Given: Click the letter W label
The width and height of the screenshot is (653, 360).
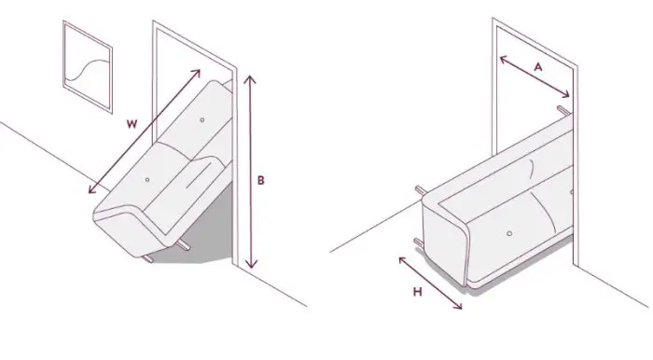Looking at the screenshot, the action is click(x=132, y=124).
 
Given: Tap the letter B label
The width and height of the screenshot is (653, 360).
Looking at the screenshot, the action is click(x=260, y=181).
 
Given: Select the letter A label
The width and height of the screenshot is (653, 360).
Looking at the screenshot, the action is click(x=538, y=66).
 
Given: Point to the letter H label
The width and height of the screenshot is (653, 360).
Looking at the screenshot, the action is click(x=418, y=292).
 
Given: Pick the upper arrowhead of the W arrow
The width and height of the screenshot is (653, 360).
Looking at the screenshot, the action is click(x=197, y=73).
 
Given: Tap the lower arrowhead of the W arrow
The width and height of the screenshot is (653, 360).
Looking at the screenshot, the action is click(x=92, y=190).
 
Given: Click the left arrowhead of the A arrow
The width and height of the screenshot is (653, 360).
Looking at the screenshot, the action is click(x=503, y=59).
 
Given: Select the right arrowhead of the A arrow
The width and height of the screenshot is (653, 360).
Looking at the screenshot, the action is click(x=566, y=95).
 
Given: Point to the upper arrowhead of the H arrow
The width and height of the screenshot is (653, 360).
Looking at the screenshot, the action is click(x=402, y=260).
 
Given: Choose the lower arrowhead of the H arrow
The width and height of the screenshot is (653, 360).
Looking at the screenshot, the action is click(x=459, y=306).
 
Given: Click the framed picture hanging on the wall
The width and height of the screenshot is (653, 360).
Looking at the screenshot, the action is click(x=88, y=66).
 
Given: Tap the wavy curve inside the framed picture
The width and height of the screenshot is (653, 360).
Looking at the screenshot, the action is click(x=88, y=69).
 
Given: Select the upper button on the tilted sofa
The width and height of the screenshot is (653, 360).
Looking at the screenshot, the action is click(x=202, y=120).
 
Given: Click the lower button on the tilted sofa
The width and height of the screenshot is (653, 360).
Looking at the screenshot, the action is click(x=147, y=180).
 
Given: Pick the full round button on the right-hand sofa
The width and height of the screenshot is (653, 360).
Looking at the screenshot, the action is click(x=509, y=233).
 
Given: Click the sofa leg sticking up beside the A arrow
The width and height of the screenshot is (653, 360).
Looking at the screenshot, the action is click(x=563, y=110).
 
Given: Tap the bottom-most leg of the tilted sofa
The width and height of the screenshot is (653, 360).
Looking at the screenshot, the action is click(x=147, y=259).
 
